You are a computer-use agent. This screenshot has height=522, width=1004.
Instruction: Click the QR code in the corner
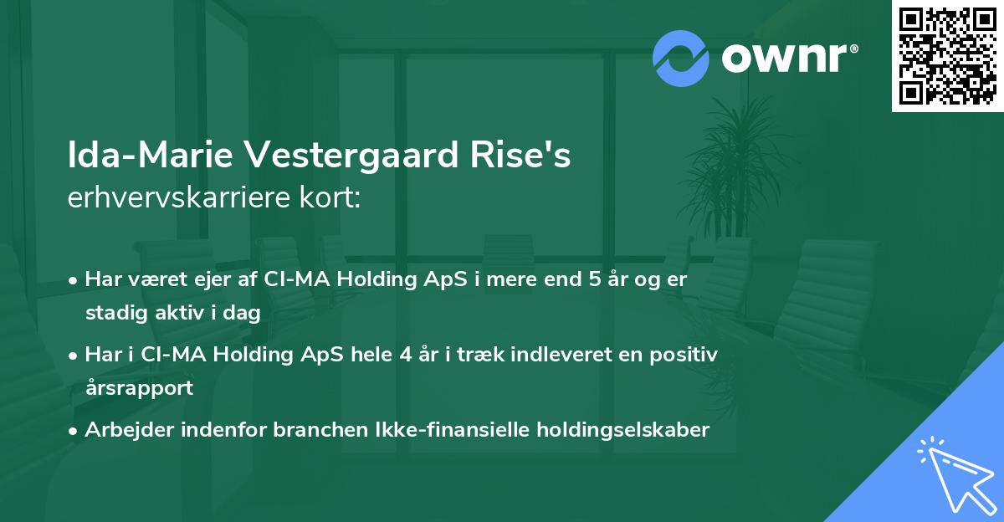click(947, 55)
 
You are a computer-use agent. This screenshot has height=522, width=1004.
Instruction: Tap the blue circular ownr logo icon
click(681, 59)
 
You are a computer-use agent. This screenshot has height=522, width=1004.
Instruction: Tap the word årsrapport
click(138, 388)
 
